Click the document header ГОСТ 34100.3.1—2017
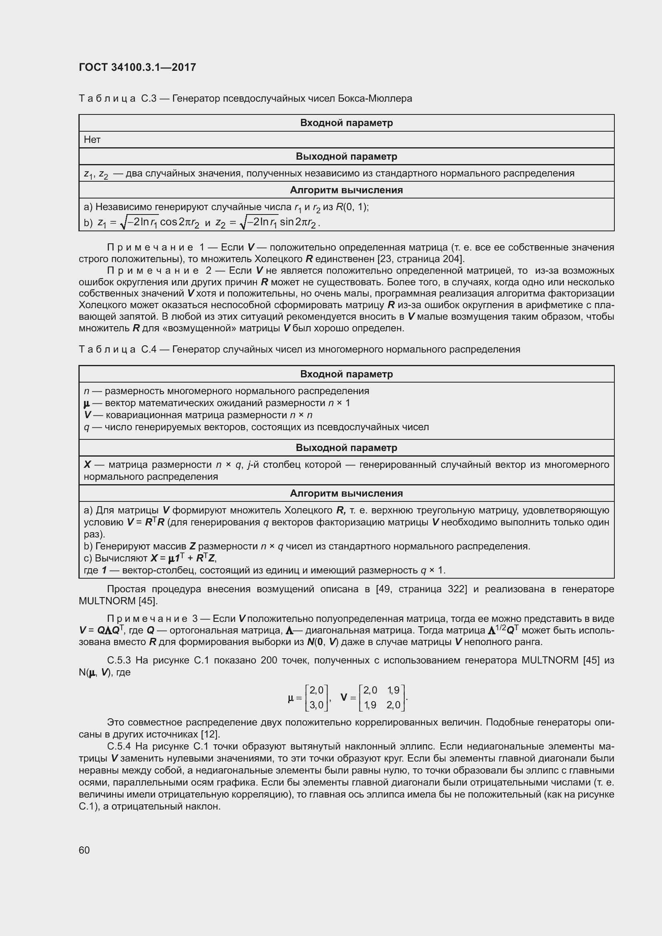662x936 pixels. tap(137, 67)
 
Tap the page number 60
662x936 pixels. tap(84, 850)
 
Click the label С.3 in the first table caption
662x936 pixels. tap(149, 99)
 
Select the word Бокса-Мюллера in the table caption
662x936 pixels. tap(375, 99)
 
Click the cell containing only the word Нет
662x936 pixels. tap(92, 140)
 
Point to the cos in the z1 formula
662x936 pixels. tap(169, 222)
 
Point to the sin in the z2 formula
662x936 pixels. tap(287, 222)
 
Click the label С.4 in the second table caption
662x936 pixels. tap(149, 349)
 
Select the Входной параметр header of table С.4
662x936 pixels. tap(346, 374)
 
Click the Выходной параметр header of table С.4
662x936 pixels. tap(346, 448)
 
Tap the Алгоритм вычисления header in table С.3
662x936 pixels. tap(346, 190)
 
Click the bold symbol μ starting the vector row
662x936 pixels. tap(86, 404)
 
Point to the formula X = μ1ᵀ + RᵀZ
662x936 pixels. tap(186, 558)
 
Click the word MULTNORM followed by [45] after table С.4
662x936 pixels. tap(107, 601)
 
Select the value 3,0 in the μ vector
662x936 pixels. tap(316, 704)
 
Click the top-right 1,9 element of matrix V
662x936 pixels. tap(393, 690)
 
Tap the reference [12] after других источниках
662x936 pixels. tap(211, 735)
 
